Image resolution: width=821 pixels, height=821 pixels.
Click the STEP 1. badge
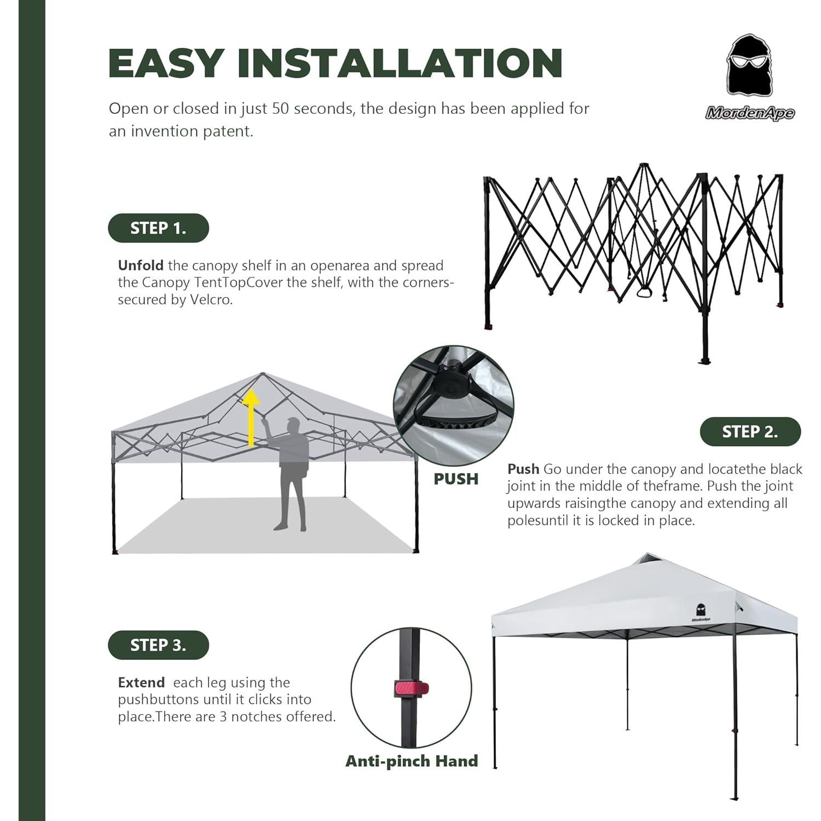[158, 228]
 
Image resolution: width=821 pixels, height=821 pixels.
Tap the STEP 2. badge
[750, 432]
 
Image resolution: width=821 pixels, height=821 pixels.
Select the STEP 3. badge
[158, 645]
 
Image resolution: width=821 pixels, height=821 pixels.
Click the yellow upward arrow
[251, 416]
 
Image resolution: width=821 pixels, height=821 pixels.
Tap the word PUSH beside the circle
[456, 479]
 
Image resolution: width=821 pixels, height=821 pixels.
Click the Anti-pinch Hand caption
[412, 761]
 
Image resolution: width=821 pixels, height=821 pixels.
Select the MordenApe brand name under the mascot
[749, 113]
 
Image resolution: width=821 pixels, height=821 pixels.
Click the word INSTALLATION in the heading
[400, 63]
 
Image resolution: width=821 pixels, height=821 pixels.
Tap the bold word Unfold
[141, 265]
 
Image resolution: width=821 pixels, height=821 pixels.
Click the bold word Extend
[141, 683]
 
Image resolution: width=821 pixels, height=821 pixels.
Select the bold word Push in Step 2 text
[523, 469]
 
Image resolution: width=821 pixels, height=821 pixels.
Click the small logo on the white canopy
[701, 612]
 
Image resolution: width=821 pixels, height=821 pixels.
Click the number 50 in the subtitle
[280, 108]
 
